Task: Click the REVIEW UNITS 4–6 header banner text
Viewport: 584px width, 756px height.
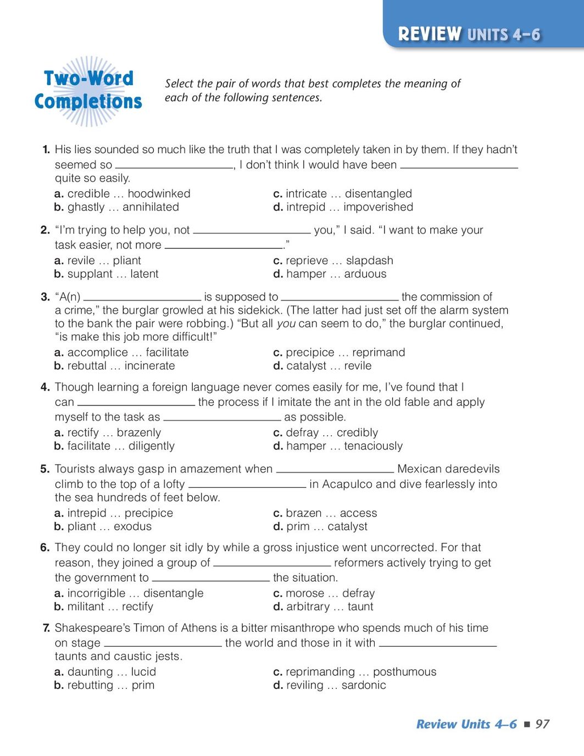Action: (469, 34)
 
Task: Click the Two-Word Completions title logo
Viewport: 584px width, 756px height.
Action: (88, 90)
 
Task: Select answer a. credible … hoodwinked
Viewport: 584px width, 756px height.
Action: (122, 193)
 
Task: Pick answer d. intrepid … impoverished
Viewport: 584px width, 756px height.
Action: (343, 207)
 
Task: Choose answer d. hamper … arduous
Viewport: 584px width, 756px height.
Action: (330, 274)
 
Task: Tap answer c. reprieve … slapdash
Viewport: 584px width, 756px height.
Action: (333, 260)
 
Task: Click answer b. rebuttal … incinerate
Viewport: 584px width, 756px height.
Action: (114, 366)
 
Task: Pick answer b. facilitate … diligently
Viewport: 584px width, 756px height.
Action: (114, 446)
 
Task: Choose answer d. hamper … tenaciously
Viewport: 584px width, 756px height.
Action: (338, 446)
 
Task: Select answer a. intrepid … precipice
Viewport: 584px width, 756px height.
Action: (114, 513)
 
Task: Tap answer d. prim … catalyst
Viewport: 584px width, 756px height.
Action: (320, 526)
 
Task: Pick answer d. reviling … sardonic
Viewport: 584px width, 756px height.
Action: (330, 685)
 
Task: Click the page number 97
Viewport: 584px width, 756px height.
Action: (542, 724)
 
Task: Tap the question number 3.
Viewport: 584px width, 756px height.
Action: (45, 297)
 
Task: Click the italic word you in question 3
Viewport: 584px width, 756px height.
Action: (286, 324)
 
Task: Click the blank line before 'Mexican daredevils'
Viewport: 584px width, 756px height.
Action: (335, 470)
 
